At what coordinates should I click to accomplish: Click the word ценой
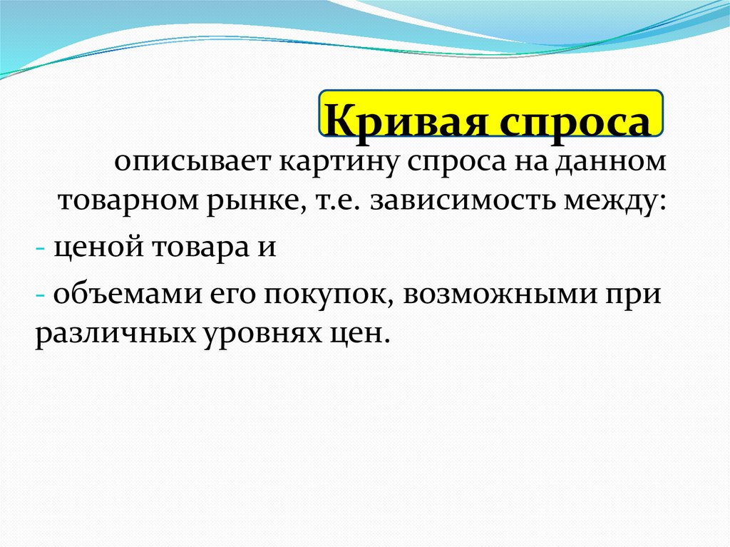coord(96,250)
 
